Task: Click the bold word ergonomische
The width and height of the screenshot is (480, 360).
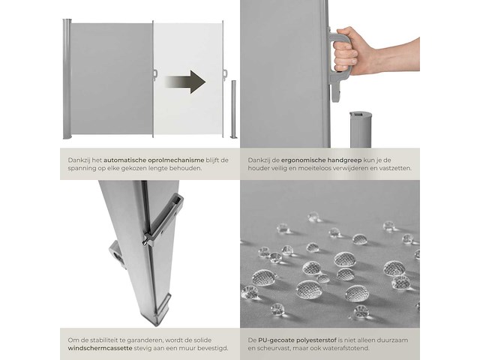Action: coord(300,159)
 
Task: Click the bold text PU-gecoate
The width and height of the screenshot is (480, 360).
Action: coord(275,340)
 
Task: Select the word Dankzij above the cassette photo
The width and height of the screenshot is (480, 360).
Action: coord(73,159)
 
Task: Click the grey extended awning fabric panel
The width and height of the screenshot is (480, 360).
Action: coord(112,79)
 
